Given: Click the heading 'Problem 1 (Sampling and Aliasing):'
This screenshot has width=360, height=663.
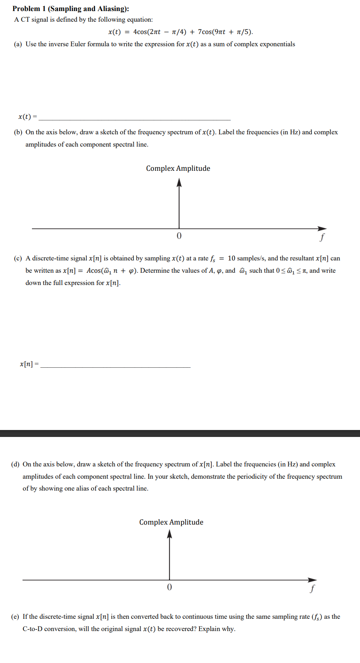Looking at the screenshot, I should click(70, 9).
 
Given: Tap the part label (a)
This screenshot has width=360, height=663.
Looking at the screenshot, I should click(18, 44).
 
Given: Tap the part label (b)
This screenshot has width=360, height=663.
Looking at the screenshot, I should click(18, 132).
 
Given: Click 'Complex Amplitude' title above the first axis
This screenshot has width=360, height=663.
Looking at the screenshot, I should click(178, 168).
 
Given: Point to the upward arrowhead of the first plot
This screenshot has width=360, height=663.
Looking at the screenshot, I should click(179, 183).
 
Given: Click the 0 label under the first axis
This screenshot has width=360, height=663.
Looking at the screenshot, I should click(179, 236).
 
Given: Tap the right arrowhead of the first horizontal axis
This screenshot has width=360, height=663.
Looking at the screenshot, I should click(323, 229).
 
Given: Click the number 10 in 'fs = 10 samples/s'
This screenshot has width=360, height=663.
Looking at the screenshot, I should click(231, 258).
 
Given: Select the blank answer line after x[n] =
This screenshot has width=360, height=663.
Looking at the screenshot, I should click(115, 366).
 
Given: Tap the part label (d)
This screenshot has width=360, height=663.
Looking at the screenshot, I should click(15, 464).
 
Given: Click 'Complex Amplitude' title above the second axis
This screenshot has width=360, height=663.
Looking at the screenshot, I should click(171, 522).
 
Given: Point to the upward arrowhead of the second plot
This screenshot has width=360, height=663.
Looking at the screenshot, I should click(170, 534).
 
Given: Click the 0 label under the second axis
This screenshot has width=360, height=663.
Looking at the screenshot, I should click(170, 587).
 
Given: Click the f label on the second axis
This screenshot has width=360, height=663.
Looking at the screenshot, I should click(313, 588).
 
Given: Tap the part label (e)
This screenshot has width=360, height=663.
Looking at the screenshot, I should click(15, 617).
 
